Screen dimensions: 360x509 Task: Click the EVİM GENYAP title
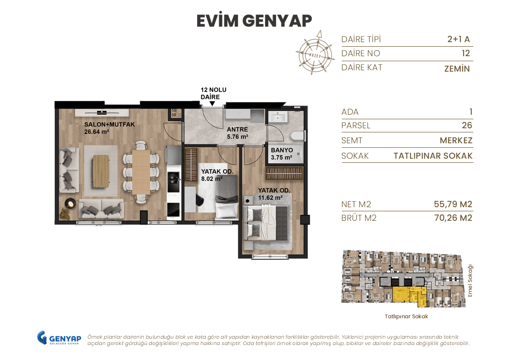(x=254, y=21)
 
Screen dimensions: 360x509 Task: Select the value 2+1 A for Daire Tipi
(x=458, y=39)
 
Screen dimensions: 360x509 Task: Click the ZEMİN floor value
(x=457, y=69)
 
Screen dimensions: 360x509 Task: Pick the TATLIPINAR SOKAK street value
(x=433, y=156)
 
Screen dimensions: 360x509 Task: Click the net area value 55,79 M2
(x=453, y=204)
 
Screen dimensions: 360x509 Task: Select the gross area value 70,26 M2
(x=453, y=218)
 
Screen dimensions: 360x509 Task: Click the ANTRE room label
(x=238, y=130)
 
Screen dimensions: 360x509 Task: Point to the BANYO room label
(x=282, y=150)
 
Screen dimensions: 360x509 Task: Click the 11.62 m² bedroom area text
(x=270, y=198)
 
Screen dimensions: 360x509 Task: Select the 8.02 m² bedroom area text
(x=212, y=179)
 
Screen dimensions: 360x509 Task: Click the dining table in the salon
(x=141, y=171)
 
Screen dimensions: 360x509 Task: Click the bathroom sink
(x=277, y=117)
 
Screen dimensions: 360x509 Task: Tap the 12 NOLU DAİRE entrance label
(x=213, y=93)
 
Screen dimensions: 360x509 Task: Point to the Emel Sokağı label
(x=470, y=281)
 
